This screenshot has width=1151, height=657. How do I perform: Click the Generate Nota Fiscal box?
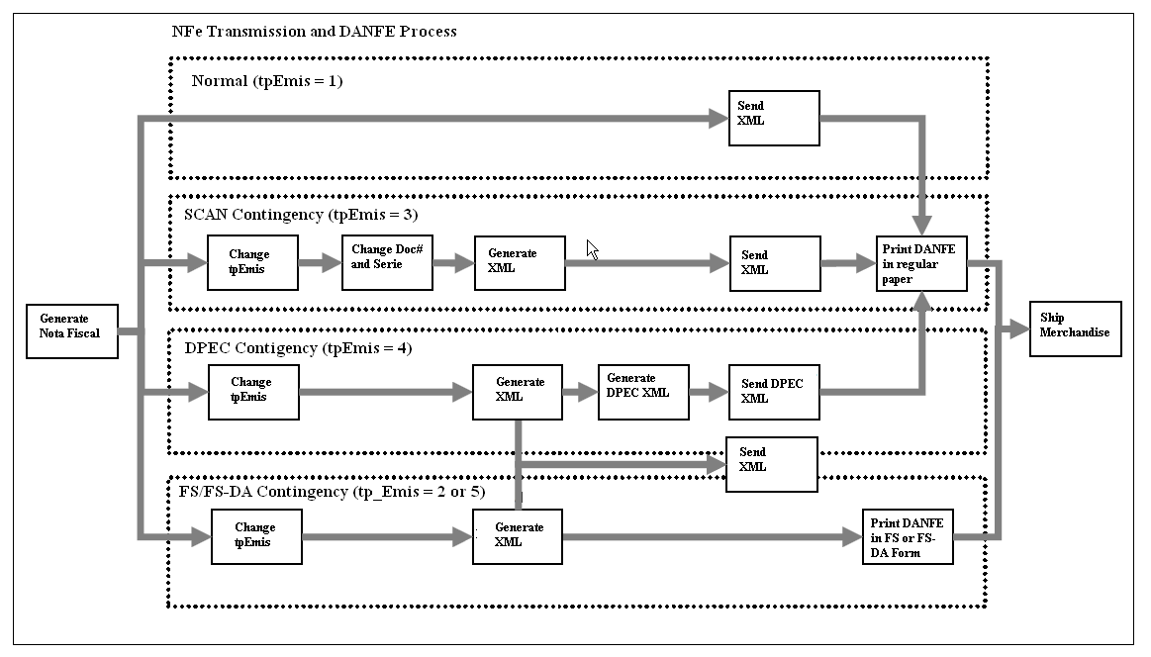click(71, 330)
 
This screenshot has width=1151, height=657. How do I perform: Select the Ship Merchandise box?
click(1076, 328)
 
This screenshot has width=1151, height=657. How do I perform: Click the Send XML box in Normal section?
click(774, 118)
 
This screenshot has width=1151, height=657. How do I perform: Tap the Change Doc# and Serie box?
click(387, 262)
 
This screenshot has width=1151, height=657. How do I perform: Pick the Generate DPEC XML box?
click(643, 392)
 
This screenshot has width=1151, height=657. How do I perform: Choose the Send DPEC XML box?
click(774, 392)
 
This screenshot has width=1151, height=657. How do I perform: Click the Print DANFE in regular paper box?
click(921, 262)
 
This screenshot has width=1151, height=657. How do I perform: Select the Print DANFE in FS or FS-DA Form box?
click(908, 537)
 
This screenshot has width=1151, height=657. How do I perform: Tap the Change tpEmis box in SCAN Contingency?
click(252, 262)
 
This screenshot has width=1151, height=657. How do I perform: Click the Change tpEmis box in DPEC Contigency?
click(252, 392)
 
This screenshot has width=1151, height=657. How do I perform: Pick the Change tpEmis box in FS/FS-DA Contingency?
click(256, 537)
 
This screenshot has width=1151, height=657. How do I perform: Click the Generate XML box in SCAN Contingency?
click(520, 262)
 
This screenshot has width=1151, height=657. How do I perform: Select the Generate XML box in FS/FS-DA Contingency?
click(517, 537)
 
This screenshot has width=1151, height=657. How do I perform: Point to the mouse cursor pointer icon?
click(592, 249)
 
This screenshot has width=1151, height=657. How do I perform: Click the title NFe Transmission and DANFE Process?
click(314, 31)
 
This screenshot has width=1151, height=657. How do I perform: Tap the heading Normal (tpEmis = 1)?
click(266, 80)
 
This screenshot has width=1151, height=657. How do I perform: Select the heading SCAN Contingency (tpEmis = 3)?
click(303, 214)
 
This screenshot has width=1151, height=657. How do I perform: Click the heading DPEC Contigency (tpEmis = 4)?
click(298, 347)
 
